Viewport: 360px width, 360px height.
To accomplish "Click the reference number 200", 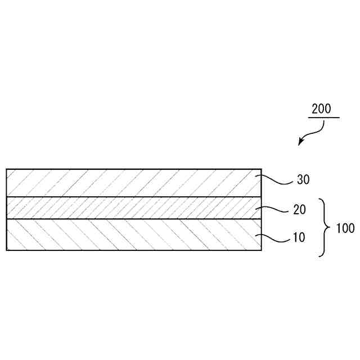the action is click(321, 109).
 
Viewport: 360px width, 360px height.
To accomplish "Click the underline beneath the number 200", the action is click(323, 118).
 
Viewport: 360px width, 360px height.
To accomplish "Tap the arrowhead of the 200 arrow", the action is click(300, 143).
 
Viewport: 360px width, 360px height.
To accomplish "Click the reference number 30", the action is click(303, 181).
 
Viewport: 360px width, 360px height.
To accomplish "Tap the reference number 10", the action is click(299, 238).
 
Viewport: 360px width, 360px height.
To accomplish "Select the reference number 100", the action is click(345, 228).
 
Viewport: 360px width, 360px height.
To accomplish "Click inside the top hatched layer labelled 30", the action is click(134, 182).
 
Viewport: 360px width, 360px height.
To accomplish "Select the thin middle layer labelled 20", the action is click(134, 208).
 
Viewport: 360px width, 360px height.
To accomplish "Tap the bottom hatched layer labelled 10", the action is click(134, 235).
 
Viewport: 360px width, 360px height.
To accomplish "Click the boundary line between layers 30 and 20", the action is click(134, 196).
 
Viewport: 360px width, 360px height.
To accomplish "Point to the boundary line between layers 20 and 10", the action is click(134, 219).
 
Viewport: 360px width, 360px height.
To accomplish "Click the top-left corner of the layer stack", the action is click(7, 169).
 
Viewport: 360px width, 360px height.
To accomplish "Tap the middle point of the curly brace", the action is click(327, 227).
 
